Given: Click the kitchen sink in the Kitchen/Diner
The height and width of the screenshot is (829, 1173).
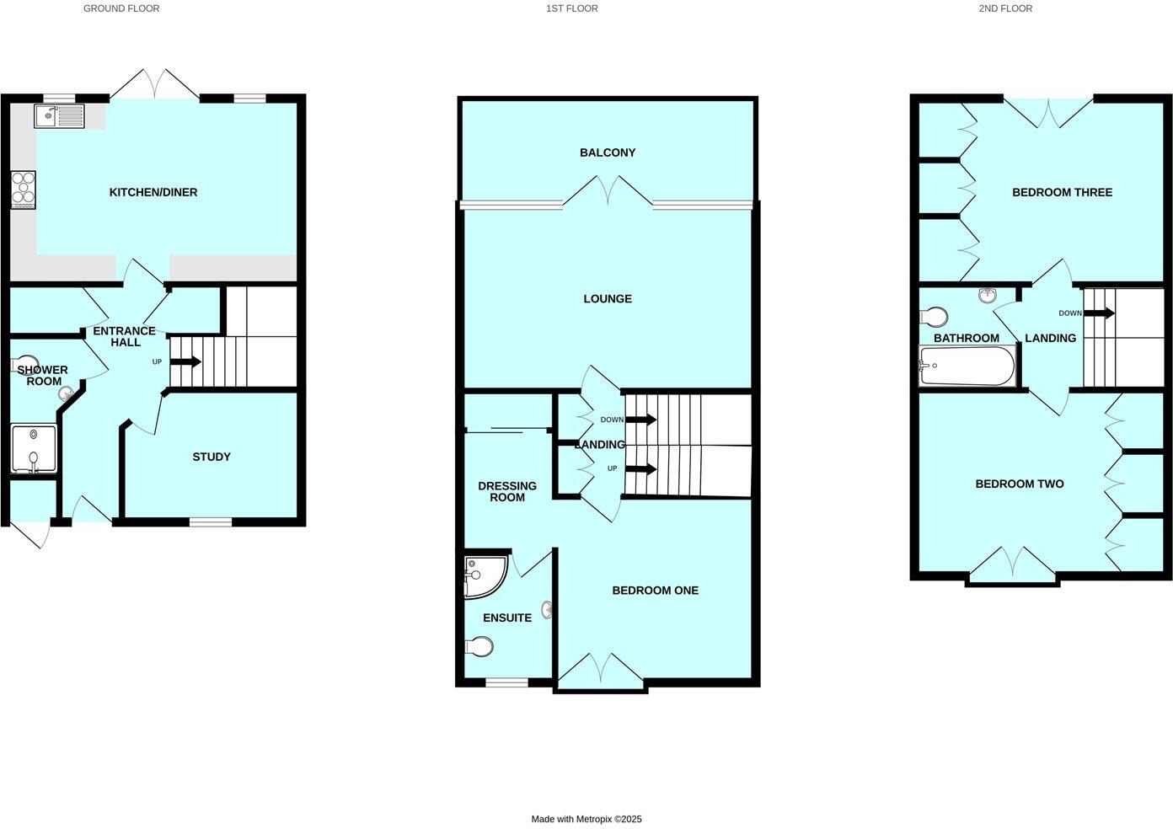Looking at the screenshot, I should coord(59,115).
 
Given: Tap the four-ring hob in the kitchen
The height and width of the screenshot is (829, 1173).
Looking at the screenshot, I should coord(23,190).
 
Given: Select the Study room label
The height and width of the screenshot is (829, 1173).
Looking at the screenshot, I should coord(212,457).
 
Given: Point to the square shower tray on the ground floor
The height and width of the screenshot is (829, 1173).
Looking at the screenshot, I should coord(34,450).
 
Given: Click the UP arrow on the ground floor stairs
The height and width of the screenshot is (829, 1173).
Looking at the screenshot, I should coord(185,362).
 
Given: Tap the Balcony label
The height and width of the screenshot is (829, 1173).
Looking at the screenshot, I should coord(608,152).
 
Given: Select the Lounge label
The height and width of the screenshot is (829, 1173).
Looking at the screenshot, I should coord(608,299).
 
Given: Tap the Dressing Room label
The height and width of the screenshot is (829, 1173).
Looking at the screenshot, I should coord(507,491).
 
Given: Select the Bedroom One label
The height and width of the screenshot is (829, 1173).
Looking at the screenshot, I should coord(655,591).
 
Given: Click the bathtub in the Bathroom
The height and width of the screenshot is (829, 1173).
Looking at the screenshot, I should coord(967,366).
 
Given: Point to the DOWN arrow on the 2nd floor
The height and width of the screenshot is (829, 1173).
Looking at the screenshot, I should coord(1099,313).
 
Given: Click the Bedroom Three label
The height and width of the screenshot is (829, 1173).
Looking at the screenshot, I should coord(1062,192).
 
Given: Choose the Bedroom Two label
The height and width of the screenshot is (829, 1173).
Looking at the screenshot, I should coord(1019,484).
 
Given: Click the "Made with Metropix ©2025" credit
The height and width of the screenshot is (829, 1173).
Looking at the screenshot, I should coord(586,819).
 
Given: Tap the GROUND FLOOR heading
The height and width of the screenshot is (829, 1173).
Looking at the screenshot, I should coord(121,8).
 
